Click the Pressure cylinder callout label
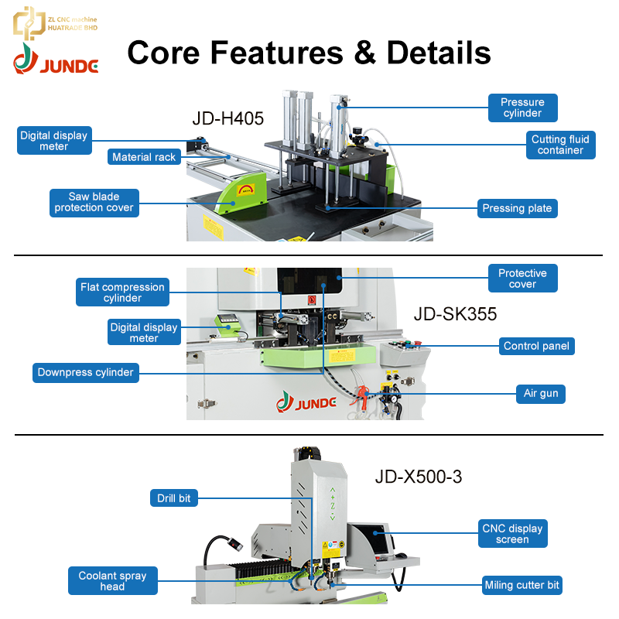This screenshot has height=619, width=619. pyautogui.click(x=523, y=108)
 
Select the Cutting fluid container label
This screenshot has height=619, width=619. pyautogui.click(x=560, y=145)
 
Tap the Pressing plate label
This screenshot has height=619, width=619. pyautogui.click(x=517, y=208)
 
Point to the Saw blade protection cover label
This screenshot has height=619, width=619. pyautogui.click(x=94, y=203)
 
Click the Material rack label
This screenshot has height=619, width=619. pyautogui.click(x=144, y=157)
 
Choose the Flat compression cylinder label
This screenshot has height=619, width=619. pyautogui.click(x=122, y=292)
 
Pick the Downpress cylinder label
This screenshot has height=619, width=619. pyautogui.click(x=86, y=373)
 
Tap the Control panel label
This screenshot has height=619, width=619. pyautogui.click(x=536, y=346)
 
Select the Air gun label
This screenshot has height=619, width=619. pyautogui.click(x=541, y=394)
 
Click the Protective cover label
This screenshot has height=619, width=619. pyautogui.click(x=523, y=279)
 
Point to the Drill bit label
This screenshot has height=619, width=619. pyautogui.click(x=173, y=498)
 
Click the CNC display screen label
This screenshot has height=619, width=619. pyautogui.click(x=512, y=533)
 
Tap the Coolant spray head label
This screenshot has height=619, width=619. pyautogui.click(x=112, y=581)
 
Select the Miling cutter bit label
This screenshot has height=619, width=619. pyautogui.click(x=522, y=585)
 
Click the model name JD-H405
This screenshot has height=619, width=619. pyautogui.click(x=227, y=118)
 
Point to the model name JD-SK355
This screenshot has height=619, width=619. pyautogui.click(x=455, y=314)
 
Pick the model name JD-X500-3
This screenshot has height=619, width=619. pyautogui.click(x=419, y=477)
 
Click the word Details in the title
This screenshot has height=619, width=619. pyautogui.click(x=439, y=53)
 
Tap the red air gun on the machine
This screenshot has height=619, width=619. pyautogui.click(x=361, y=396)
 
